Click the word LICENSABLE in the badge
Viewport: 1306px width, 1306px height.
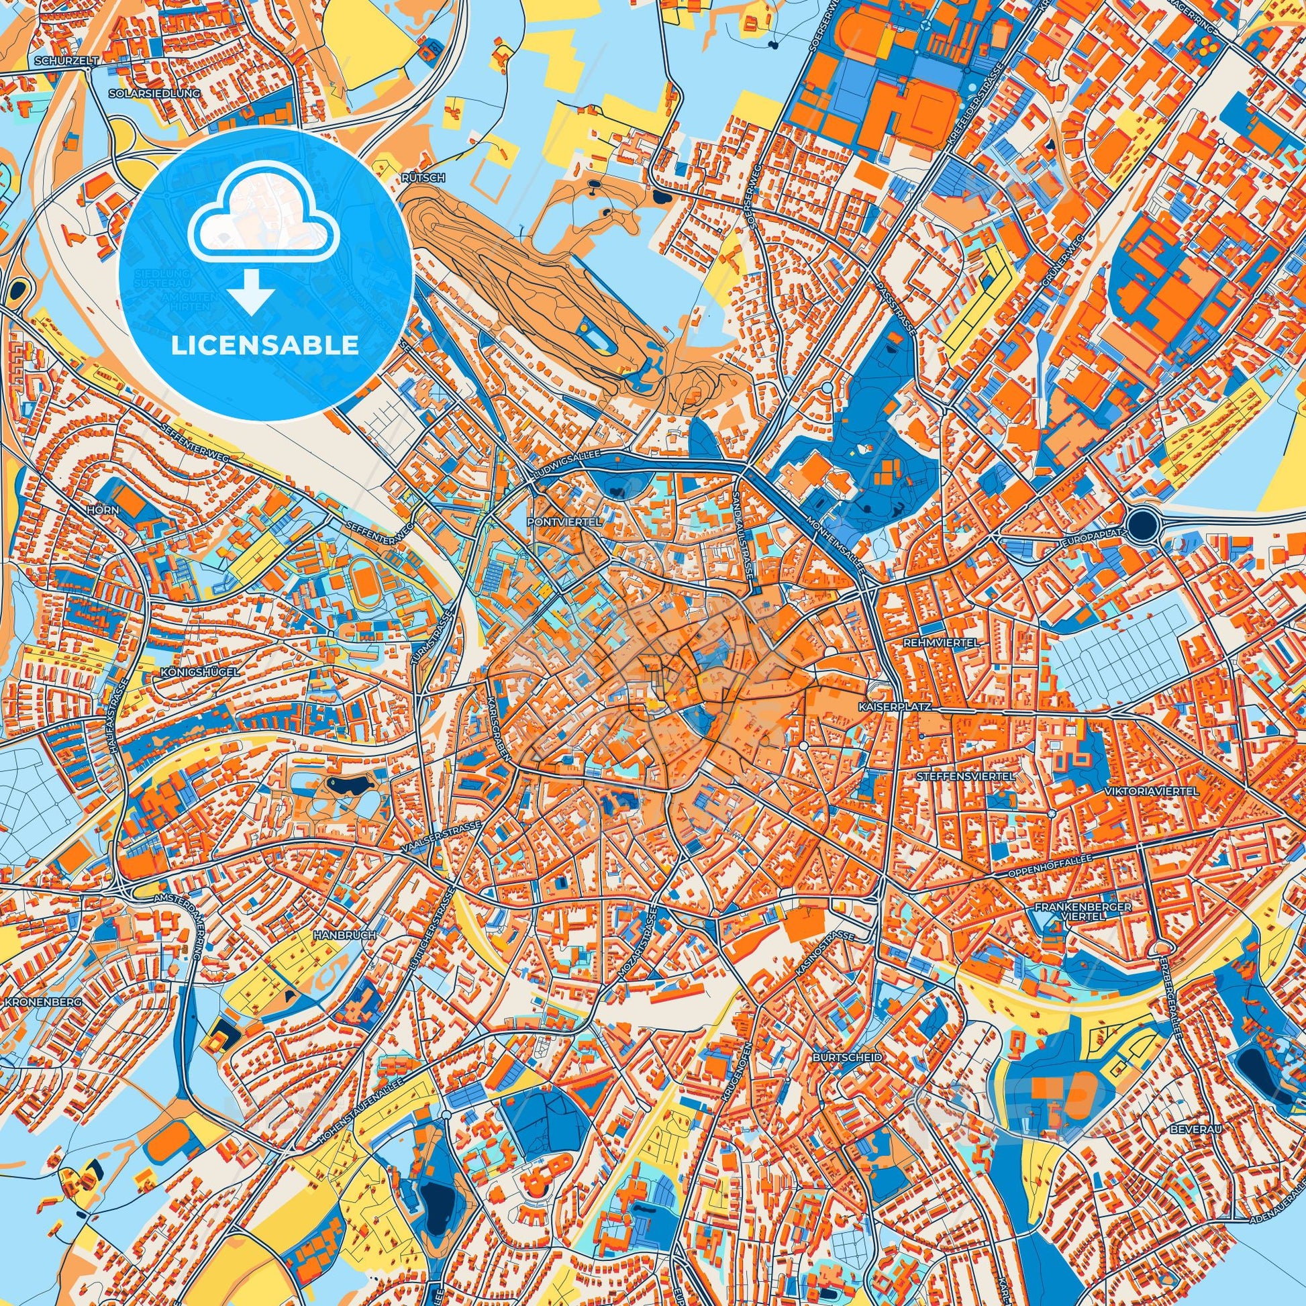[x=264, y=346]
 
